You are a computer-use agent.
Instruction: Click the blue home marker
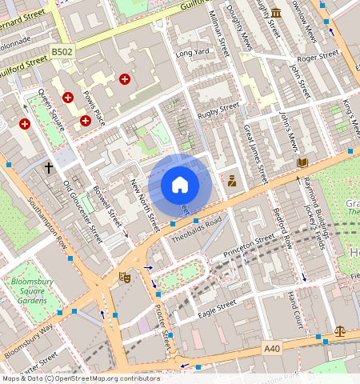[180, 185]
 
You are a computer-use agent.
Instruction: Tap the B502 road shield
[62, 51]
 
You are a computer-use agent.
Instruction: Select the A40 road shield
[273, 348]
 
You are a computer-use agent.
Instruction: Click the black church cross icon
[49, 168]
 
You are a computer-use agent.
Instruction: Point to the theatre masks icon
[124, 277]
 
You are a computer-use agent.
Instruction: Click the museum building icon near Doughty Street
[276, 13]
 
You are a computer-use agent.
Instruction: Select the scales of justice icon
[340, 329]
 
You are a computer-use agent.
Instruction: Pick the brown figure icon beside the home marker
[232, 181]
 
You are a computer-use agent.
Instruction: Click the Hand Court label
[295, 309]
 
